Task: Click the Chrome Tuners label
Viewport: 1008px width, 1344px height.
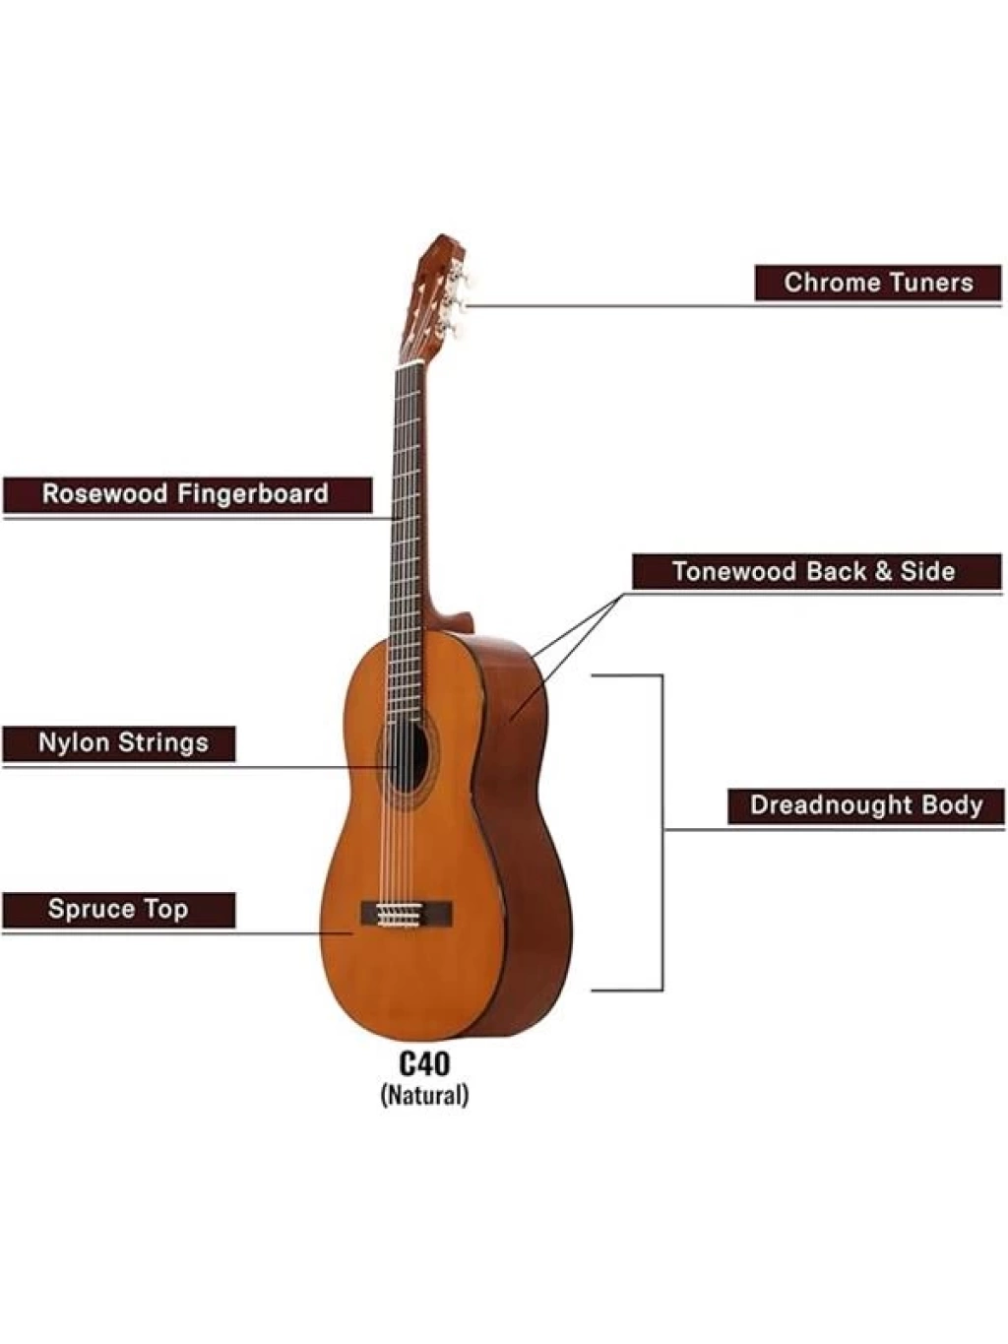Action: [x=878, y=283]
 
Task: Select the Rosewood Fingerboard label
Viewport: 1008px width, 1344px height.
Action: [x=187, y=493]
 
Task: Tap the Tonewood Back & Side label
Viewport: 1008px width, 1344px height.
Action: [x=816, y=571]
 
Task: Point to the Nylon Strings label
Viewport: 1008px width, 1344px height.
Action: [x=119, y=742]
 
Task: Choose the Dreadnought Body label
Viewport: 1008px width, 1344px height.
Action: [x=866, y=805]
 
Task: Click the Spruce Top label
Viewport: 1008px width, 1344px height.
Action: [x=119, y=909]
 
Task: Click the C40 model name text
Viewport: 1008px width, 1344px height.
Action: [x=424, y=1063]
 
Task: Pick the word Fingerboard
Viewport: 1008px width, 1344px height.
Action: [x=257, y=493]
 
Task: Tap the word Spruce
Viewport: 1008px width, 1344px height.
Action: [x=92, y=910]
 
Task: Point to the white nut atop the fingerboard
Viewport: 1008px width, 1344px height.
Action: [x=410, y=365]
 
